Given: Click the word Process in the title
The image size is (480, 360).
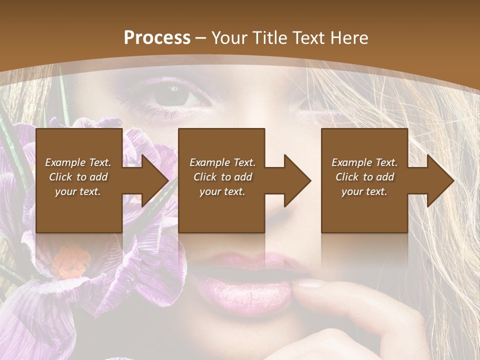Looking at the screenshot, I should click(x=157, y=38).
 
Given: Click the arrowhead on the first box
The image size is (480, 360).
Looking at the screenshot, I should click(x=153, y=180).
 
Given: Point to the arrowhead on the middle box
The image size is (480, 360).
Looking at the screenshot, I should click(x=295, y=180).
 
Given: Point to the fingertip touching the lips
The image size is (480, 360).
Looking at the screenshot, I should click(x=305, y=283).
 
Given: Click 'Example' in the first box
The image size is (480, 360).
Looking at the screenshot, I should click(x=65, y=162).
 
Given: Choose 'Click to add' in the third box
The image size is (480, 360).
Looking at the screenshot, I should click(x=364, y=177).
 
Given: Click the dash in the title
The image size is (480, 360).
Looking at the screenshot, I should click(x=201, y=38).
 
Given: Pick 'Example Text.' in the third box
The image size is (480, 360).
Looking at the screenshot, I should click(x=364, y=162).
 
